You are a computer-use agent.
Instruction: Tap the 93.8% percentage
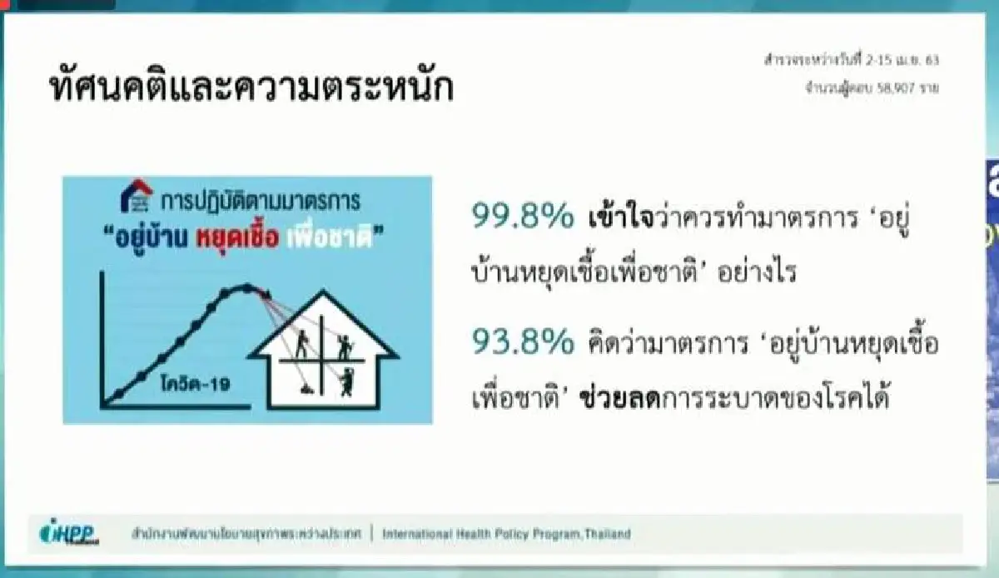click(x=522, y=342)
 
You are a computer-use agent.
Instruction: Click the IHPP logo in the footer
click(x=70, y=534)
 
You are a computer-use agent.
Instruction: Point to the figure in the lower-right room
click(x=344, y=382)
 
